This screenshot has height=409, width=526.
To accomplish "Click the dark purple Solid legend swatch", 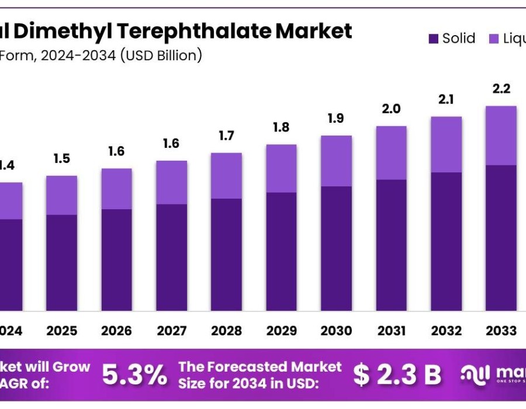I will (x=434, y=39).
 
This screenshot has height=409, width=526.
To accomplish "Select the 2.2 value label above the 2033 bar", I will (x=501, y=89).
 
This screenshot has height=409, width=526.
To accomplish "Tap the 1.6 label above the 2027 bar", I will (x=171, y=144).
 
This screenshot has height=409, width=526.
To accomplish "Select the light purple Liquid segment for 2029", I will (x=281, y=168).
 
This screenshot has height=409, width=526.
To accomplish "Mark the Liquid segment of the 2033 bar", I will (x=501, y=136).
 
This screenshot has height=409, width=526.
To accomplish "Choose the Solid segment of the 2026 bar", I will (x=116, y=259).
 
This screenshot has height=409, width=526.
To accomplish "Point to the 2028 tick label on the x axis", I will (x=226, y=331).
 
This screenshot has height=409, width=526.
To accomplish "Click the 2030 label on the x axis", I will (x=337, y=331).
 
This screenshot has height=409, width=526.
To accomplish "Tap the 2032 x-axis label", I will (x=447, y=331).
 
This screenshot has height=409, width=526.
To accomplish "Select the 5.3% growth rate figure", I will (x=134, y=375).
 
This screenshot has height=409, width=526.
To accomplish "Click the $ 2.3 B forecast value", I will (x=397, y=375).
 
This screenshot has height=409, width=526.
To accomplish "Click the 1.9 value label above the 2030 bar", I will (x=337, y=119).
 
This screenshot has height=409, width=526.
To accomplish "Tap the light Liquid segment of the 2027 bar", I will (x=171, y=182).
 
